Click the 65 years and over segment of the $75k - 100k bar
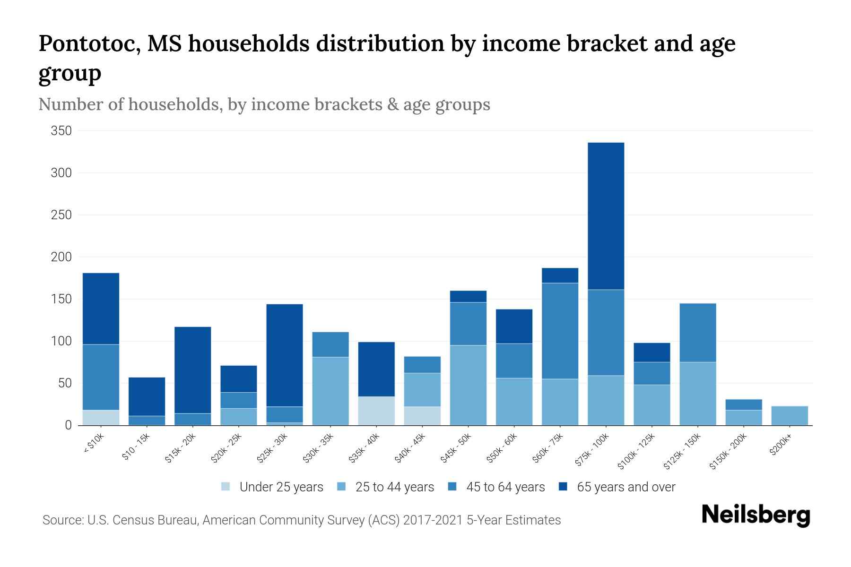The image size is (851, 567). pyautogui.click(x=606, y=216)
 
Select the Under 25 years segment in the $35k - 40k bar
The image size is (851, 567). pyautogui.click(x=376, y=411)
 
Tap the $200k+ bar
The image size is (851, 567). pyautogui.click(x=790, y=416)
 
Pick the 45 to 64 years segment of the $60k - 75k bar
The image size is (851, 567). pyautogui.click(x=560, y=331)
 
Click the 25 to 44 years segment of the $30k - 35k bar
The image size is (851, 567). pyautogui.click(x=330, y=391)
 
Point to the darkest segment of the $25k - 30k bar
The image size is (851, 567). pyautogui.click(x=285, y=355)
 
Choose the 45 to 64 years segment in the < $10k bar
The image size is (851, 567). pyautogui.click(x=101, y=377)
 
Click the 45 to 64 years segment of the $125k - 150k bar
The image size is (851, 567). pyautogui.click(x=697, y=333)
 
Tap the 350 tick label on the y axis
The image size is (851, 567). pyautogui.click(x=61, y=131)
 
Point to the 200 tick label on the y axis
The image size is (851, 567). pyautogui.click(x=61, y=257)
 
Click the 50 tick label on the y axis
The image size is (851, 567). pyautogui.click(x=65, y=383)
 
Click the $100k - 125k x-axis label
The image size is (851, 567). pyautogui.click(x=636, y=451)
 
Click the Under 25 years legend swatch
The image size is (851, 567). pyautogui.click(x=226, y=487)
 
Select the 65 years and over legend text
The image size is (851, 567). pyautogui.click(x=626, y=487)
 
